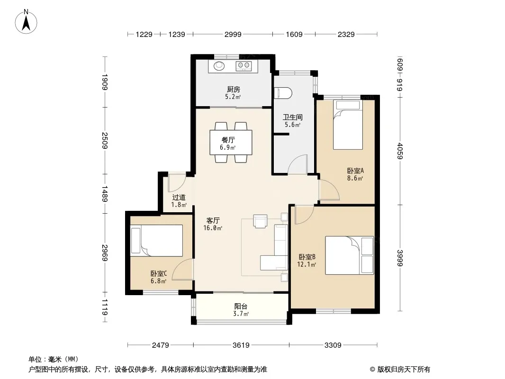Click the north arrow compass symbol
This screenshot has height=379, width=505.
[x=26, y=22]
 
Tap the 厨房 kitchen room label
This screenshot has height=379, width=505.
[x=233, y=89]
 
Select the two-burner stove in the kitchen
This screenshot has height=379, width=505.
[x=243, y=66]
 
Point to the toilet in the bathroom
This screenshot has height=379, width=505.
[x=283, y=93]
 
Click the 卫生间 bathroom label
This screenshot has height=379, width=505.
[x=292, y=117]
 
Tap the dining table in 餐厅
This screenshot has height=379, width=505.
[x=231, y=142]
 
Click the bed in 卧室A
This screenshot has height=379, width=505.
[x=348, y=125]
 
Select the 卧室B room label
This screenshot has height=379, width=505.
[x=307, y=257]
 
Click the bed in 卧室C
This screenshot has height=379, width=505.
[x=156, y=241]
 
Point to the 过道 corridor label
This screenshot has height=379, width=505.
[x=179, y=198]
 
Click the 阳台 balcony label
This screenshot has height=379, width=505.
[x=241, y=306]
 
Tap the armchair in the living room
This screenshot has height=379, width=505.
[x=260, y=221]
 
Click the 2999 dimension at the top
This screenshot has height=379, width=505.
[x=233, y=35]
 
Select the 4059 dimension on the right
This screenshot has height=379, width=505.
[x=400, y=151]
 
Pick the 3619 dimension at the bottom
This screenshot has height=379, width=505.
[x=241, y=345]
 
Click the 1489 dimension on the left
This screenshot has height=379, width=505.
[x=105, y=193]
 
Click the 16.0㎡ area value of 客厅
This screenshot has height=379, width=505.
[x=213, y=228]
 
